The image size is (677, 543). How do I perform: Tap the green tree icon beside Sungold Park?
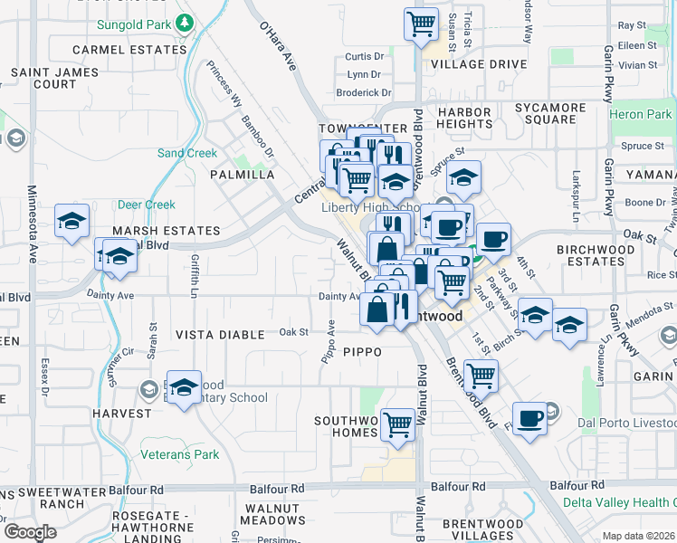[185, 20]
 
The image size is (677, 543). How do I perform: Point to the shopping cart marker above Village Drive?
[421, 24]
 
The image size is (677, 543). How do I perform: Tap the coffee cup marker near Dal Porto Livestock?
[530, 417]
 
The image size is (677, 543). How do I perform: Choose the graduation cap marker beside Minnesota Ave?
[72, 220]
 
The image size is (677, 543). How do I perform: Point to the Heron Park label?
[641, 114]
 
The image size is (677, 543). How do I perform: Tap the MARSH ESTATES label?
[166, 231]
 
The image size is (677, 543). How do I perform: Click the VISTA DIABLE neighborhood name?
[220, 335]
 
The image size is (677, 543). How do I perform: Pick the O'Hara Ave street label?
[278, 46]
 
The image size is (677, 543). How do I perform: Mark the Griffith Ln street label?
[195, 276]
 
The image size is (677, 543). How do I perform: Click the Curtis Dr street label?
[365, 56]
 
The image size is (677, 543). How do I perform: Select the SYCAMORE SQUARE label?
[551, 113]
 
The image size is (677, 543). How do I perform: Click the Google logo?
[30, 531]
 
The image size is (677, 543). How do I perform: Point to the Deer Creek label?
[146, 205]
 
